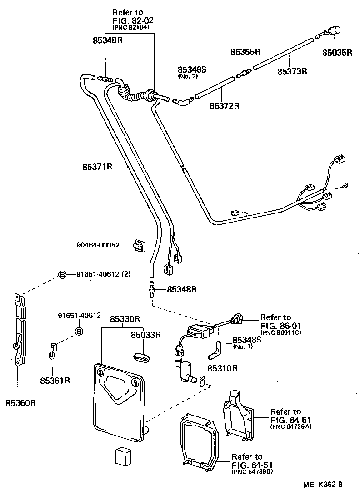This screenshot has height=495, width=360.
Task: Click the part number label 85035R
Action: click(337, 52)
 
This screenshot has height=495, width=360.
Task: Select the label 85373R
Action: click(293, 71)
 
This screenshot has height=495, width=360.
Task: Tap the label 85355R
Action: click(245, 52)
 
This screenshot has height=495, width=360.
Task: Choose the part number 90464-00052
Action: click(98, 245)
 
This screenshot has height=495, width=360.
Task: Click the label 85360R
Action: click(20, 402)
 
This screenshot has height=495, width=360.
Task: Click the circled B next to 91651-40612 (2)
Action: click(62, 274)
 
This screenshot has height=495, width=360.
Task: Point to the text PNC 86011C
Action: click(282, 333)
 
